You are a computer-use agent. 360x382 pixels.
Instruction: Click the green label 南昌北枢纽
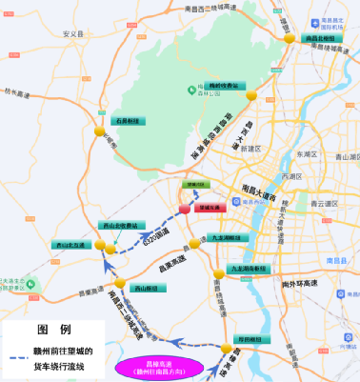point(319,39)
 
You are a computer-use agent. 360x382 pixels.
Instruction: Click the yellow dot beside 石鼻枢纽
point(100,131)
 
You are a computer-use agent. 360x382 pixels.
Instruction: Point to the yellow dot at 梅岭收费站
point(251,96)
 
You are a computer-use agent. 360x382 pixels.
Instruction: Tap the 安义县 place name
point(69,31)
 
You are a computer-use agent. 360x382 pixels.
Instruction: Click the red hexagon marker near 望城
point(185,208)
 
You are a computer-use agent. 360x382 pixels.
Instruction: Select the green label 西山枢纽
point(145,288)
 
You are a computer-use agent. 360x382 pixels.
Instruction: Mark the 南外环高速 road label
point(303,283)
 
